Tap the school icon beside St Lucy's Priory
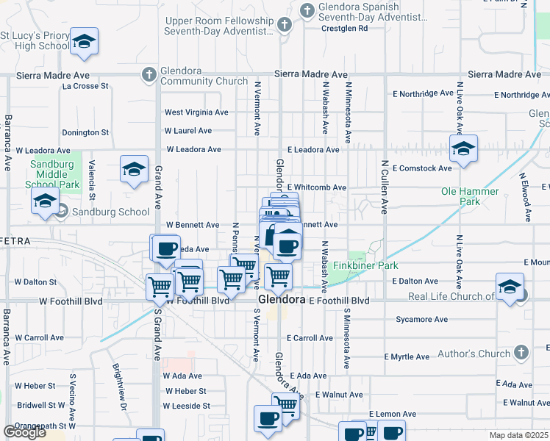pyautogui.click(x=84, y=42)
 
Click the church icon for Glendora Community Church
pyautogui.click(x=149, y=73)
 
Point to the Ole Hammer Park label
pyautogui.click(x=470, y=196)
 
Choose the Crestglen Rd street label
pyautogui.click(x=344, y=29)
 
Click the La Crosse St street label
pyautogui.click(x=85, y=86)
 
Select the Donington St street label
pyautogui.click(x=85, y=133)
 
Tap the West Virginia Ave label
pyautogui.click(x=196, y=112)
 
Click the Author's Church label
pyautogui.click(x=474, y=354)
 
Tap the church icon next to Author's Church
pyautogui.click(x=522, y=351)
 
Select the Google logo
pyautogui.click(x=24, y=432)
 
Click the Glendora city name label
pyautogui.click(x=281, y=301)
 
